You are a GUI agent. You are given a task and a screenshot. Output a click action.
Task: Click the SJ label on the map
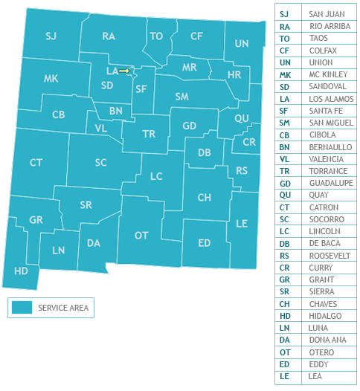51,36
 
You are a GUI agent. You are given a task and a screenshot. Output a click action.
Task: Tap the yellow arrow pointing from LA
124,71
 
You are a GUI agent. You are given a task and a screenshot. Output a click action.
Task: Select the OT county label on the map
141,236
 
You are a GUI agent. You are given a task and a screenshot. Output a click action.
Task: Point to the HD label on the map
22,271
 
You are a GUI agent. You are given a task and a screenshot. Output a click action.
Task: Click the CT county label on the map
36,163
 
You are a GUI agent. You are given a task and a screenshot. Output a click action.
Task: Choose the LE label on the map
241,223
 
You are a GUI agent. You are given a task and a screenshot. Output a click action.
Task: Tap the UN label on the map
242,44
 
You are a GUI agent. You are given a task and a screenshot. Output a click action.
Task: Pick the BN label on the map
115,111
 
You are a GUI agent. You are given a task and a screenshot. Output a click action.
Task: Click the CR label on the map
249,141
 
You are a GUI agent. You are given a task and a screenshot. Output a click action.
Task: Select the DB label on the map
204,152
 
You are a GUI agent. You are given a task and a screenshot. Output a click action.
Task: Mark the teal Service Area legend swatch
22,307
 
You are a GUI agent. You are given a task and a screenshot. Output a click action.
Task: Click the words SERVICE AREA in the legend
63,307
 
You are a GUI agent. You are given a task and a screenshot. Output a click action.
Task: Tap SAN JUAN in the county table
327,14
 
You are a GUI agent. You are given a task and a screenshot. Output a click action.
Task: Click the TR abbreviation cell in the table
284,171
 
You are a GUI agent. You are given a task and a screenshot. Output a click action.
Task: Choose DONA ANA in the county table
328,340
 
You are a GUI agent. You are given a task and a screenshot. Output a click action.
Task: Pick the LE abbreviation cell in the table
283,376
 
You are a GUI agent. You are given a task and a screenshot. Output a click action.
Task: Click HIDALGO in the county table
325,316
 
